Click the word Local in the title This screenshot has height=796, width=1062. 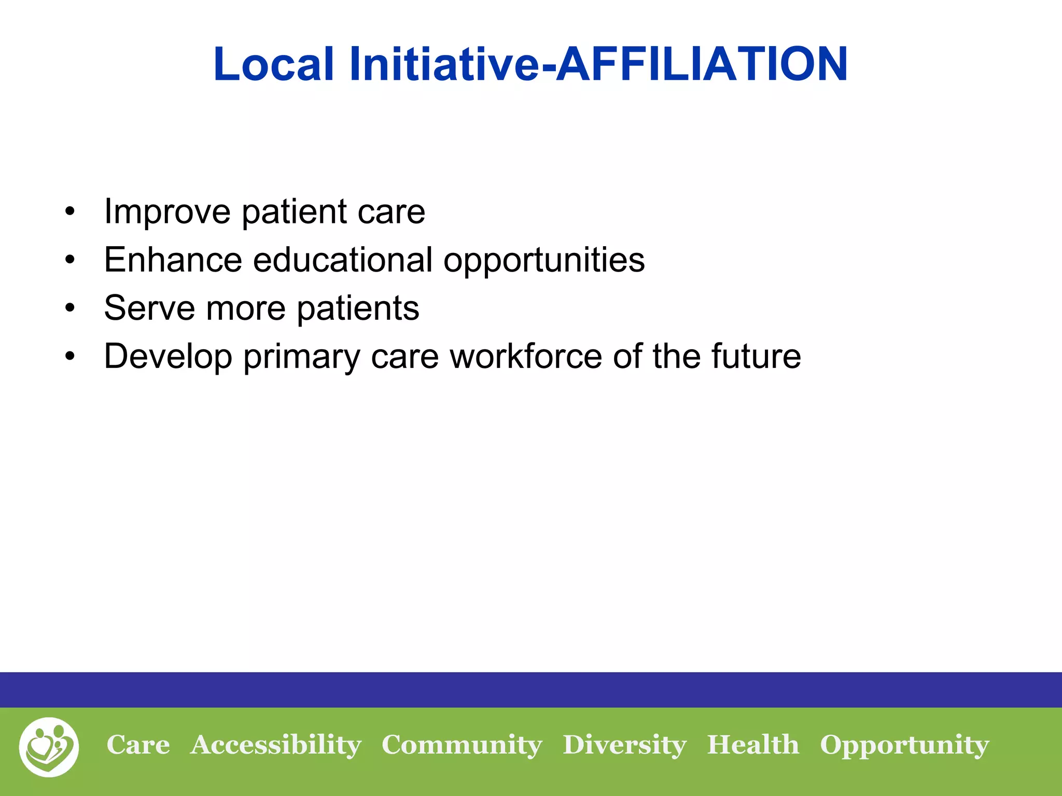[x=273, y=64]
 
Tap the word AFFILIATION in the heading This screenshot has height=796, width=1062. [x=702, y=64]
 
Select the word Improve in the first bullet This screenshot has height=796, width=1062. [x=167, y=212]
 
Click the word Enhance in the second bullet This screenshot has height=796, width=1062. [x=173, y=260]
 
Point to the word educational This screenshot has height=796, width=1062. [x=342, y=260]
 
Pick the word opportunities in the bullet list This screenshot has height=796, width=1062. [x=544, y=261]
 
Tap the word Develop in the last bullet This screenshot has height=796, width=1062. [x=167, y=357]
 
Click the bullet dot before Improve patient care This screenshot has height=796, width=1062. [x=70, y=212]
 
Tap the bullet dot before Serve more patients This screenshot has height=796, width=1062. [x=70, y=308]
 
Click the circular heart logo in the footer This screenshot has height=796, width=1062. [x=49, y=747]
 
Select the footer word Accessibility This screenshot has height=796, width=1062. [x=275, y=746]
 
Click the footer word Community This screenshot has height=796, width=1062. [x=462, y=746]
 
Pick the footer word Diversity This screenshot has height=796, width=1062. [x=624, y=746]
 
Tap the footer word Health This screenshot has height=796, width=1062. [x=753, y=745]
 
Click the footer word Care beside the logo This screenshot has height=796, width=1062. [x=138, y=745]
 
